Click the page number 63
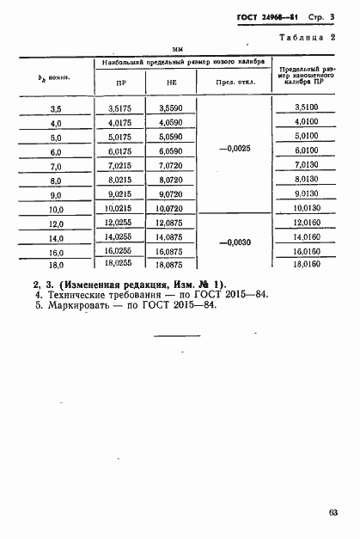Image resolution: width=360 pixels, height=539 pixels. (332, 512)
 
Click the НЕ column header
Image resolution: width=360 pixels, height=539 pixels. (171, 83)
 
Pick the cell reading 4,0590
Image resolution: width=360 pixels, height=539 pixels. (171, 122)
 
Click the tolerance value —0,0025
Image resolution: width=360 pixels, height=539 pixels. (234, 149)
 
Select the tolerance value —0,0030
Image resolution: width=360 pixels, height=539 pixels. (234, 243)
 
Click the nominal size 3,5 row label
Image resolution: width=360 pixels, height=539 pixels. (57, 108)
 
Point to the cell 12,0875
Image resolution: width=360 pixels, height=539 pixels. (171, 224)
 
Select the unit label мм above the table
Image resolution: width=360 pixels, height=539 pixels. (180, 50)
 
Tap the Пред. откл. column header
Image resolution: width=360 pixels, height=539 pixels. (233, 83)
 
